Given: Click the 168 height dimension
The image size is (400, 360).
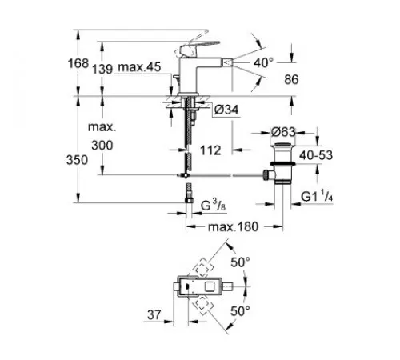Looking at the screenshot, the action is pyautogui.click(x=78, y=63).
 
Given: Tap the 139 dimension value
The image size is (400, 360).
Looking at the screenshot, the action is pyautogui.click(x=102, y=70).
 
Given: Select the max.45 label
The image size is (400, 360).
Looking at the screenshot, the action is pyautogui.click(x=139, y=67).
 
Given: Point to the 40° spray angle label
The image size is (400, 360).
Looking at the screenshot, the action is pyautogui.click(x=263, y=62).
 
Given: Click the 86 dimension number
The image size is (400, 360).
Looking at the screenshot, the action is pyautogui.click(x=291, y=79).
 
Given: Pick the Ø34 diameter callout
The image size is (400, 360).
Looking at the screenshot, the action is pyautogui.click(x=226, y=110).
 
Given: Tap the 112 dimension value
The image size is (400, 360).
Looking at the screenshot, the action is pyautogui.click(x=210, y=150).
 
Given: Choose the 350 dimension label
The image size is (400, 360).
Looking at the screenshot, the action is pyautogui.click(x=77, y=160).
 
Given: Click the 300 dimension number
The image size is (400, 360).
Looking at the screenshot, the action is pyautogui.click(x=102, y=146).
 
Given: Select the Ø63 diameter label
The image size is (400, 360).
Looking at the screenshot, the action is pyautogui.click(x=283, y=132).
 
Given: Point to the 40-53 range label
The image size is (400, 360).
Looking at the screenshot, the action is pyautogui.click(x=316, y=155).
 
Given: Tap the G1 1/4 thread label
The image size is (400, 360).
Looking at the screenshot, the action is pyautogui.click(x=317, y=197).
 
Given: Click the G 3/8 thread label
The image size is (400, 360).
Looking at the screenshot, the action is pyautogui.click(x=214, y=206).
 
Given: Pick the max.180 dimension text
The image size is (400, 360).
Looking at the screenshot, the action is pyautogui.click(x=233, y=226).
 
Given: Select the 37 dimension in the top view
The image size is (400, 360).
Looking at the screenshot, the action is pyautogui.click(x=154, y=314).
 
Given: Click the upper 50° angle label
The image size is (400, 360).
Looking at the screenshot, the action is pyautogui.click(x=240, y=262).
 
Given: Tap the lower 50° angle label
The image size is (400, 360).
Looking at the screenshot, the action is pyautogui.click(x=240, y=311).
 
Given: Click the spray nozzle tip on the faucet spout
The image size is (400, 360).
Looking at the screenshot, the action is pyautogui.click(x=226, y=63).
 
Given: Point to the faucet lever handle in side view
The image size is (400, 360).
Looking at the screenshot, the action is pyautogui.click(x=197, y=46).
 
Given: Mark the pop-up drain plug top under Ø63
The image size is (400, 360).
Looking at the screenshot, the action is pyautogui.click(x=283, y=146).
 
